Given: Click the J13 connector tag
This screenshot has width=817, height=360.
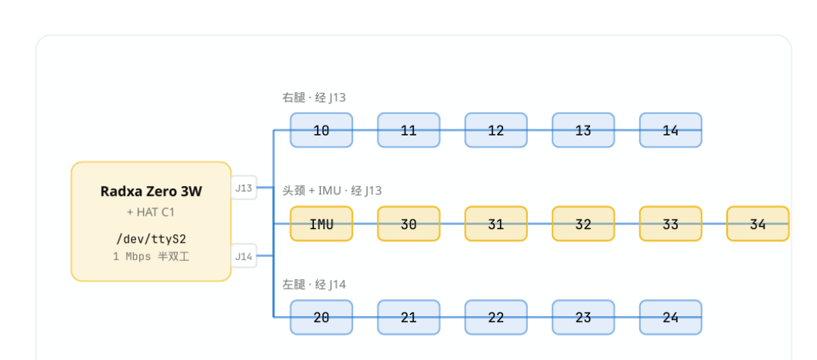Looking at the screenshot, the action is pos(244,188).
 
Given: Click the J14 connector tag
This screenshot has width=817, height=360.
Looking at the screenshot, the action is pos(244,256).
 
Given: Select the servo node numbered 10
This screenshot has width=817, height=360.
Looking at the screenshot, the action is pos(322,130).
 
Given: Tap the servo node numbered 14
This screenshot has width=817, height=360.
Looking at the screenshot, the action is pos(670,130).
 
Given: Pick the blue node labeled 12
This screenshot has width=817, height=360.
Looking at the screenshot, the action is pos(496,130).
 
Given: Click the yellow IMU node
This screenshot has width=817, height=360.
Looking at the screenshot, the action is pos(322,224).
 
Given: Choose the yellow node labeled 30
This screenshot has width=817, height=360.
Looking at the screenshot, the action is pos(408,224).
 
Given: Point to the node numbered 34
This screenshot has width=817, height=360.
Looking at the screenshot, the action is pos(757,224).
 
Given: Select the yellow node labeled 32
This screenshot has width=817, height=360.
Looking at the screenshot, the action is pos(583,224).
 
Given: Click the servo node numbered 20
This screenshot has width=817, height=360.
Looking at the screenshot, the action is pos(322,318).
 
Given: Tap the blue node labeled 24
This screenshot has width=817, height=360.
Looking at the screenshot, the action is pos(670,318).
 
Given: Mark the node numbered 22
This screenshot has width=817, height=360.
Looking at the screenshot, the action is pos(496,318).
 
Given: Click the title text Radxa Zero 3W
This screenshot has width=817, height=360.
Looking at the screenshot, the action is pos(151,191).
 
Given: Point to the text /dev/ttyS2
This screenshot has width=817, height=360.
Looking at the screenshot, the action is pos(151,239).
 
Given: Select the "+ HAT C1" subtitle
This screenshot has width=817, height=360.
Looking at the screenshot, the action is pos(151,213).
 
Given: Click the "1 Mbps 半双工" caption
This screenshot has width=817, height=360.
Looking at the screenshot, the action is pos(151,257).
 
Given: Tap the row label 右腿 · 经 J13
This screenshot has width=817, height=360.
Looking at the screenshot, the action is pos(314,98).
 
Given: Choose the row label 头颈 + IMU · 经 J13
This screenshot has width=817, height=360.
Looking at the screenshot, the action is pos(332,191).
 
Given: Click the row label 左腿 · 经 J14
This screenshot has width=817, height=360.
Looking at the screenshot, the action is pos(314,284).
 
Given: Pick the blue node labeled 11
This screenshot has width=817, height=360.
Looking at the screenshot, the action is pos(408,130).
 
